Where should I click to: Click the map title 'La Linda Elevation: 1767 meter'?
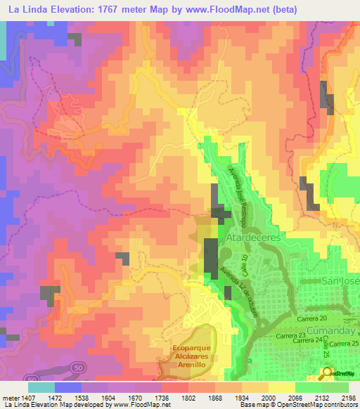point(84,9)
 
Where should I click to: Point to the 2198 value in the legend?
point(348,398)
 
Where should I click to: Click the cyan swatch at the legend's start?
point(41,387)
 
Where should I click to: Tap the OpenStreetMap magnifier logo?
point(328,373)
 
